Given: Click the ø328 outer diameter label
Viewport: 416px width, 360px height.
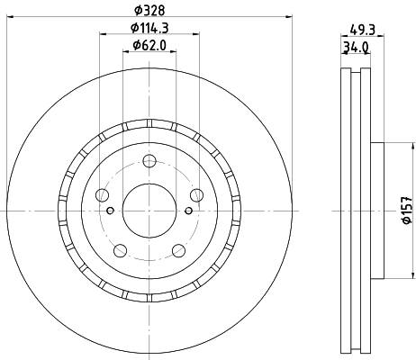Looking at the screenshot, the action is click(149, 11).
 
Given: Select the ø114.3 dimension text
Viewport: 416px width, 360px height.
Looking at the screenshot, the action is click(149, 28).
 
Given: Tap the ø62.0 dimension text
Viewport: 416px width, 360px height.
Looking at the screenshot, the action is click(149, 45).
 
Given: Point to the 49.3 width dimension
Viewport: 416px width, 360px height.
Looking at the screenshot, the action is click(363, 30).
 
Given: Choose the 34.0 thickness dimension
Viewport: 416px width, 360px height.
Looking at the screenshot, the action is click(356, 48).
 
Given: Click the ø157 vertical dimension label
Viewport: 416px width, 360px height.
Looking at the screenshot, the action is click(407, 211).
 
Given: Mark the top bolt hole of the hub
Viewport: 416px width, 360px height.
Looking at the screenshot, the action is click(149, 161).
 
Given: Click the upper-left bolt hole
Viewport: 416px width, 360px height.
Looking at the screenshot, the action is click(102, 195).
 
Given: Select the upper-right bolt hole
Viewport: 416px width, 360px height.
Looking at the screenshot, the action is click(196, 195).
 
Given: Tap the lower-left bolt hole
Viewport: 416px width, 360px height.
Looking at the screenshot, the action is click(120, 250).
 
